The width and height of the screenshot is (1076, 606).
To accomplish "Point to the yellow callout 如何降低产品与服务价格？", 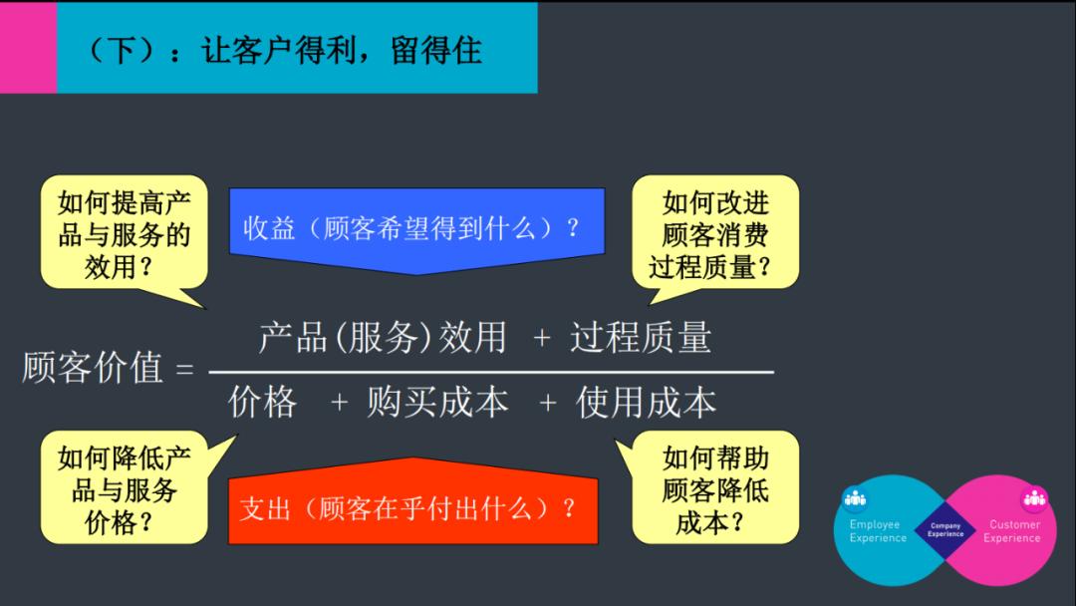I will tap(125, 488).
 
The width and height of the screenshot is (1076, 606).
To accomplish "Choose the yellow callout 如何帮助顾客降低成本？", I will tap(715, 488).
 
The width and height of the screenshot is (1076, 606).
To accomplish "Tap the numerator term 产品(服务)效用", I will tap(383, 337).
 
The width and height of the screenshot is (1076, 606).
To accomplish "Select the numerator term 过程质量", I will tap(641, 337).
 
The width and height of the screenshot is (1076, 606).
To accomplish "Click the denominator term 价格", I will tap(263, 402).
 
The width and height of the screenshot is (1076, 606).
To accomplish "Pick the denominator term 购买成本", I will tap(437, 402).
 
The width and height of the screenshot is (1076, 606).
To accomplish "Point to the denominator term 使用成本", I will tap(646, 402).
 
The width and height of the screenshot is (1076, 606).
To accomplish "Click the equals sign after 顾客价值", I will tap(184, 370).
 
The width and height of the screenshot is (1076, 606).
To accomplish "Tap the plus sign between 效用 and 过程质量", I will tap(542, 339).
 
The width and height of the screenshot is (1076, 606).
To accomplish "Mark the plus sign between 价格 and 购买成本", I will tap(340, 403).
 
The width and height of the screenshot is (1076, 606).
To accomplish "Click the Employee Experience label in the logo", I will tap(878, 531).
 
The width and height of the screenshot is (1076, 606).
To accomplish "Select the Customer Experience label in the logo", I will tap(1012, 531).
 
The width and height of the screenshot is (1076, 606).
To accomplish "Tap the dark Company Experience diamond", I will tap(945, 529).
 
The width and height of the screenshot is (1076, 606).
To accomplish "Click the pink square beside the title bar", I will tap(28, 48).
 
